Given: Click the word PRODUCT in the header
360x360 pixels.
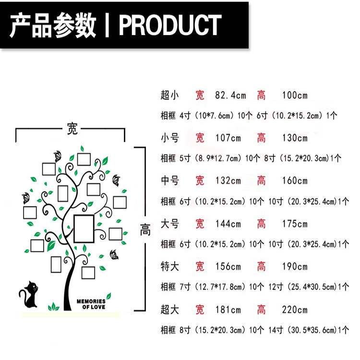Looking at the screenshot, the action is tap(170, 25).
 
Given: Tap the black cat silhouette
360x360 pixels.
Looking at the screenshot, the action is tap(30, 295).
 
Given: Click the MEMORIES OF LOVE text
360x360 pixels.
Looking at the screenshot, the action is tap(91, 304).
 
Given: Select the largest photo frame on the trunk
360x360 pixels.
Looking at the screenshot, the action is tap(84, 228).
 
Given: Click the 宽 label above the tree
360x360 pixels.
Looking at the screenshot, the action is tap(72, 129).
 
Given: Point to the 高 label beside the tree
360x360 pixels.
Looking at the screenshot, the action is tap(145, 230).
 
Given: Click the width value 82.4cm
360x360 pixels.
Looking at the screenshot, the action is tap(230, 96).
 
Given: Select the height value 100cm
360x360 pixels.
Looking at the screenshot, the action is tap(295, 96).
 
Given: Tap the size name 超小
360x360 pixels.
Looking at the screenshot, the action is tap(169, 96).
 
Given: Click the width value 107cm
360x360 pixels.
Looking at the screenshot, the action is tap(228, 138).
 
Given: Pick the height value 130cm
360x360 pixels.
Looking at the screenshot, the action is tap(295, 138).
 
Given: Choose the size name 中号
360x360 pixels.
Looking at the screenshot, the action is tap(169, 181).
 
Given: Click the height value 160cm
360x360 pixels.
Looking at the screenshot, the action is tap(295, 181).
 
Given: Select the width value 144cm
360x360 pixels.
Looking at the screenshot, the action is tap(228, 224).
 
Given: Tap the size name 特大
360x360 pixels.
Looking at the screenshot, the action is tap(169, 266).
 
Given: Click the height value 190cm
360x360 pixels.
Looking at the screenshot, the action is tap(295, 266).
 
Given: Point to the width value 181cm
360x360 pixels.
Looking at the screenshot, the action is tap(228, 309).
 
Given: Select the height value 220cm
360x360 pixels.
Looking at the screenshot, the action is tap(295, 309).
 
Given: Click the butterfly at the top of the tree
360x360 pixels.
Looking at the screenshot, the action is tap(58, 156).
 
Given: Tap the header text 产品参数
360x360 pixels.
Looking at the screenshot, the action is tap(53, 25).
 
